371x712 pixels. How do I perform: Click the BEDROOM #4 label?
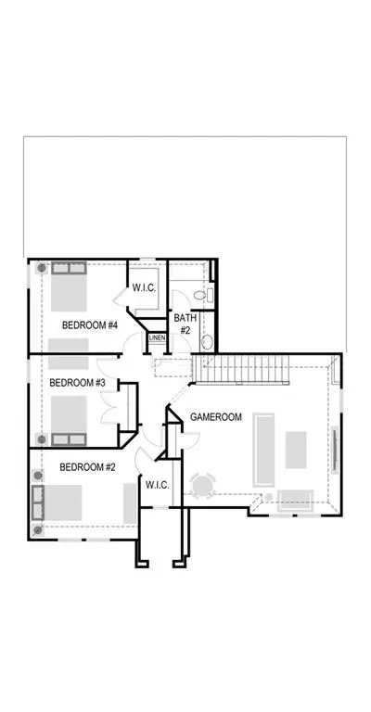point(90,325)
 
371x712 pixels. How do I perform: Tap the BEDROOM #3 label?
point(77,383)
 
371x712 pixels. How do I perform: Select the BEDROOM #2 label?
point(87,467)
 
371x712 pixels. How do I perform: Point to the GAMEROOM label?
point(216,417)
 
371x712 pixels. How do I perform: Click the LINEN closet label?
point(157,337)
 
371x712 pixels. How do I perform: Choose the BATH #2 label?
point(185,324)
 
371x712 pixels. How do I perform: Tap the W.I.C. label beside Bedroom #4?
point(144,288)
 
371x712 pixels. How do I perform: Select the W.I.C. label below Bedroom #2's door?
point(157,485)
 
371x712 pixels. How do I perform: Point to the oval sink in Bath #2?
point(207,342)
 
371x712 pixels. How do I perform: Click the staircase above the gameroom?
point(241,369)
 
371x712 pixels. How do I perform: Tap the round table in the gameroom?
point(203,486)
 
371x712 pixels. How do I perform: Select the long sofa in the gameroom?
point(263,450)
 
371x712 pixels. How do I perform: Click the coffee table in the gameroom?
point(296,450)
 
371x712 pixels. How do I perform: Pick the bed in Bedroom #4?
point(69,286)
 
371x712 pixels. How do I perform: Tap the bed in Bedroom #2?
point(57,502)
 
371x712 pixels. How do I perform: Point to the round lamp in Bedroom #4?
point(42,268)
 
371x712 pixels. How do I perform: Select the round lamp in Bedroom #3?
point(42,439)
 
